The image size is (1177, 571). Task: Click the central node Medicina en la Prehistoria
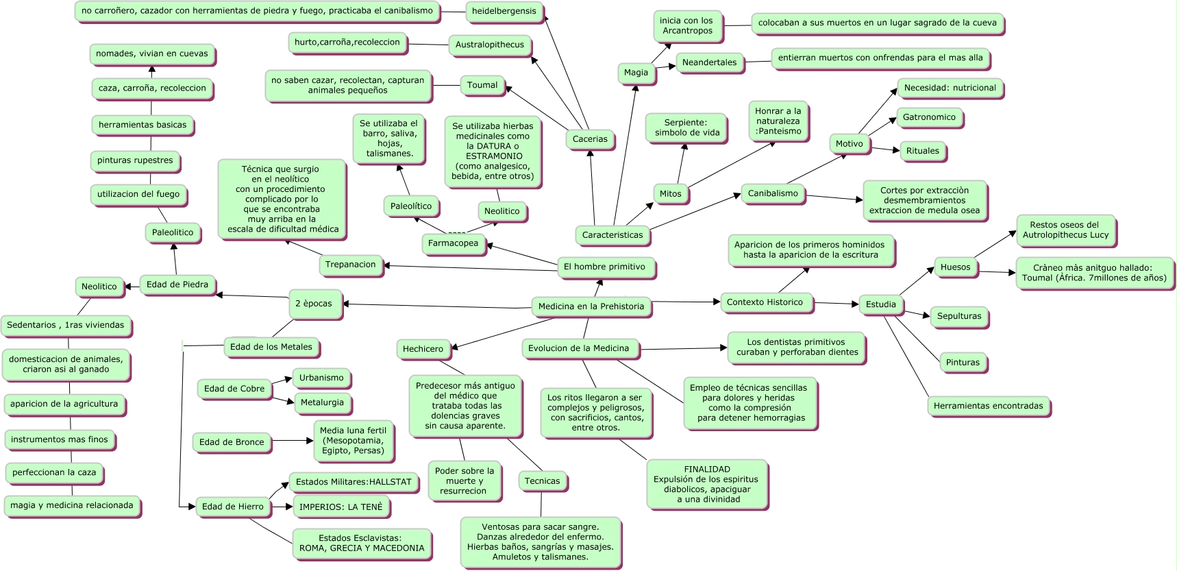coord(591,306)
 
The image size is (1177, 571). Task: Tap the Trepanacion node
coord(351,265)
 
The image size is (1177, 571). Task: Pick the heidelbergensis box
coord(505,12)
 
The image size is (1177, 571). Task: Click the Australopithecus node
coord(491,45)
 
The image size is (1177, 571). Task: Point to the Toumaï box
coord(483,86)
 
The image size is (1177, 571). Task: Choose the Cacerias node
coord(591,139)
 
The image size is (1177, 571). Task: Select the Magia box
coord(636,73)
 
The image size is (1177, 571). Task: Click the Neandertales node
coord(710,63)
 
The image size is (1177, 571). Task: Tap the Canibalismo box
coord(773,194)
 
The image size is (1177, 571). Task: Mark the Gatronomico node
coord(930,118)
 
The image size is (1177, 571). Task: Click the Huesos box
coord(956,268)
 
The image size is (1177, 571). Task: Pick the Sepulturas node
coord(960,317)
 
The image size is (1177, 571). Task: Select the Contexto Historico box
coord(766,302)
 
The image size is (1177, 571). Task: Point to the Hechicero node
coord(423,350)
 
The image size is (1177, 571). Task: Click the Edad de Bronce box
coord(232,443)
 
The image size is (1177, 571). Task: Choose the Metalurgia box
coord(323,403)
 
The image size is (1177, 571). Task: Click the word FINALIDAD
coord(707,470)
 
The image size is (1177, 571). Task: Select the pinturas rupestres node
coord(136,161)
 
